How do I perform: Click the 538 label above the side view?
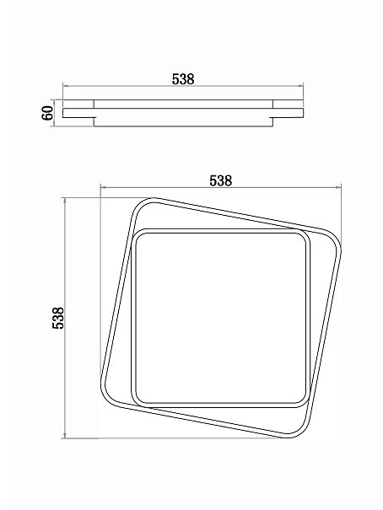[183, 79]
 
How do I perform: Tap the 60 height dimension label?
[47, 113]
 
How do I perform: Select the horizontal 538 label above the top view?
[221, 181]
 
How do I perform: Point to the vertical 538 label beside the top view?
[58, 318]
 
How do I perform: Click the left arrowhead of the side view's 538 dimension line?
[66, 86]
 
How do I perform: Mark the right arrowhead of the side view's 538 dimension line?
[300, 86]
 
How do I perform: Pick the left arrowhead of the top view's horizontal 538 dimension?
[104, 187]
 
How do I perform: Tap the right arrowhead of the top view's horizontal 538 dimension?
[338, 187]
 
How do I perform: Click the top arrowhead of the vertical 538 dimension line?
[66, 201]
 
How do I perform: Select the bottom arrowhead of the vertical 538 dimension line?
[66, 435]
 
